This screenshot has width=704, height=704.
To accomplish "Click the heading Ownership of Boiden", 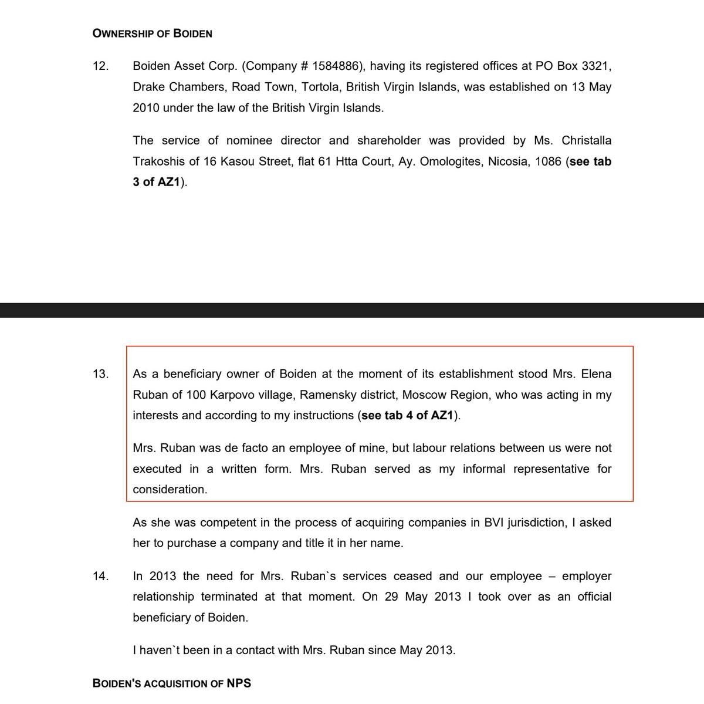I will pos(153,33).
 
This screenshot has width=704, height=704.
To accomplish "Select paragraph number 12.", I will pos(100,66).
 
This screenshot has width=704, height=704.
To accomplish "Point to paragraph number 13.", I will pos(100,374).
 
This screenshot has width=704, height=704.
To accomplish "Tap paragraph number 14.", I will pos(100,576).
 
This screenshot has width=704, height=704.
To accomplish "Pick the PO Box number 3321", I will pos(597,66).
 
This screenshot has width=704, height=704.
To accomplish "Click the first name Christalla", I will pos(586,140).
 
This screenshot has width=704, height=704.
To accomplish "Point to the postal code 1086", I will pos(548,161).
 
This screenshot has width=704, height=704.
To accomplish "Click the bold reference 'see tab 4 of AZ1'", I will pos(408,415).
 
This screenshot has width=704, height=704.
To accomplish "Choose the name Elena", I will pos(595,374).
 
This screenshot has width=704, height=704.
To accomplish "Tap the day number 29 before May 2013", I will pos(392,597).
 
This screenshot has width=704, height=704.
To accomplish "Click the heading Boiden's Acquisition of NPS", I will pos(172,683).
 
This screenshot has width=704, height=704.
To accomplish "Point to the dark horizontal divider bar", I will pos(352,310).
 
